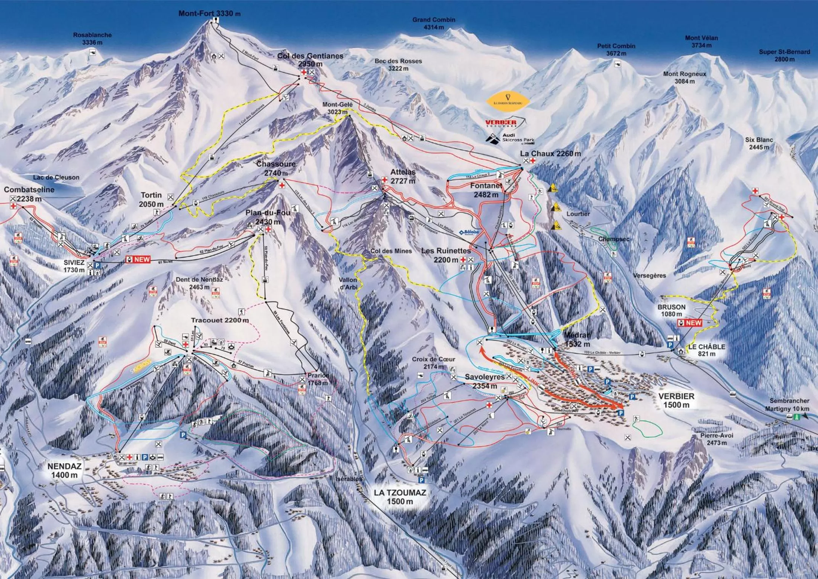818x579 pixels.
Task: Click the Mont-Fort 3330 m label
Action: tap(209, 13)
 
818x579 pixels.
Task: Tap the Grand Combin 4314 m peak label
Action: tap(434, 23)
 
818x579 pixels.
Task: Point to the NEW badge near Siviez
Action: tap(142, 259)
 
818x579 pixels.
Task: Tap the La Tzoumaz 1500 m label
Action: tap(400, 497)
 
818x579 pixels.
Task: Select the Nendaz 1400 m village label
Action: tap(64, 470)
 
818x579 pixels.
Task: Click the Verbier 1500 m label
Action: tap(676, 400)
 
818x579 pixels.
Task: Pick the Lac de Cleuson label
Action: tap(56, 177)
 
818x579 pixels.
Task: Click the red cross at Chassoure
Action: tap(282, 185)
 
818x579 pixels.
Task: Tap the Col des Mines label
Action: tap(391, 251)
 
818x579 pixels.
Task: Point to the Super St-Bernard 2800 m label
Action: tap(784, 55)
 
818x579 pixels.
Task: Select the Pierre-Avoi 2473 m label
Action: tap(716, 439)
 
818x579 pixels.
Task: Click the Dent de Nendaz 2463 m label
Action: tap(199, 283)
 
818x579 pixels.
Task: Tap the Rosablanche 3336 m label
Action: tap(92, 38)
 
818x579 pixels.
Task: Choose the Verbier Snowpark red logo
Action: tap(501, 123)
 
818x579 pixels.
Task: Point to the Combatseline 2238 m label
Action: tap(29, 194)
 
